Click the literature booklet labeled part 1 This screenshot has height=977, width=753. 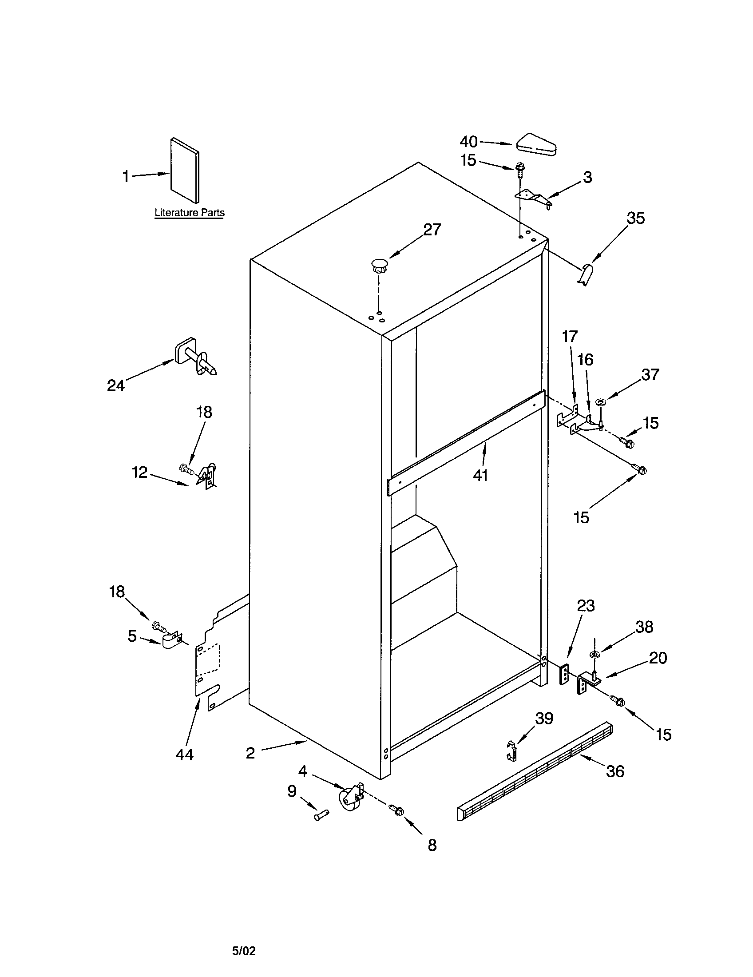[x=185, y=170]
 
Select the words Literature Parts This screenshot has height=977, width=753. [x=190, y=213]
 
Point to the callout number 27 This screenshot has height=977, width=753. [x=432, y=230]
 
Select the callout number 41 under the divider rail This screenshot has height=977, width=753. [x=481, y=475]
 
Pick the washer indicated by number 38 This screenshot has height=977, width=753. [x=594, y=655]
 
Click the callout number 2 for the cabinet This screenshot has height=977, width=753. [x=250, y=753]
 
